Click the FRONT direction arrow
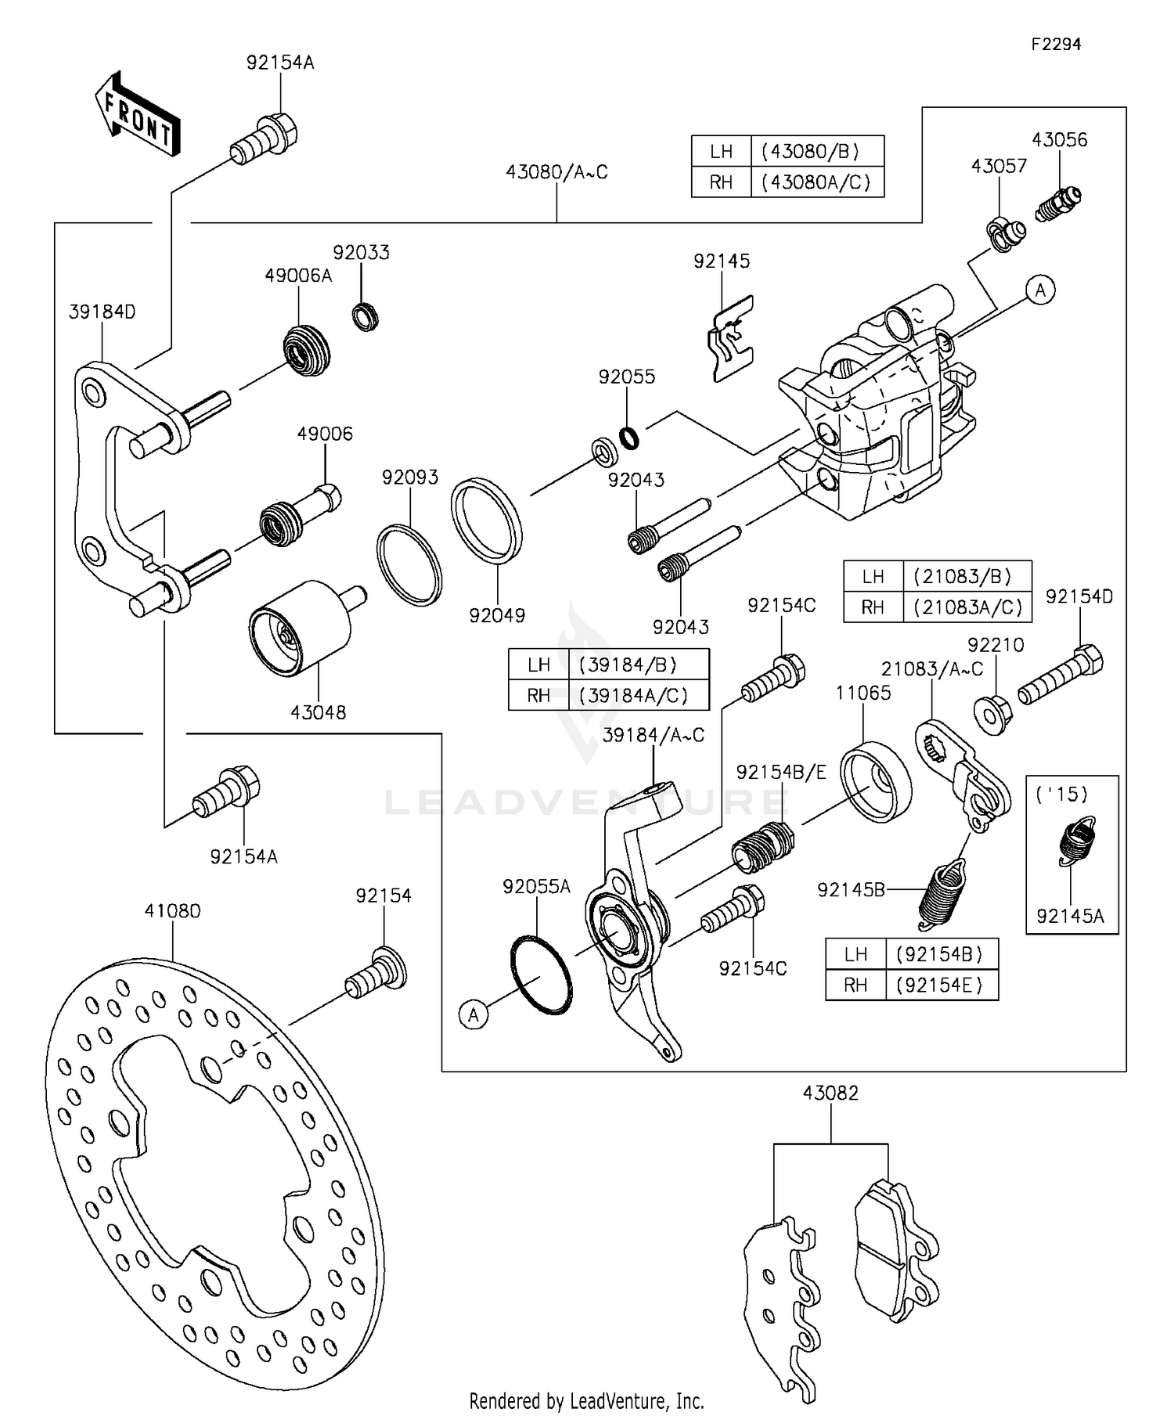pos(138,115)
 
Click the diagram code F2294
pos(1055,45)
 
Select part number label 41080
pos(172,911)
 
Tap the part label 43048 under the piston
pos(318,712)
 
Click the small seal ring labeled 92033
pos(365,316)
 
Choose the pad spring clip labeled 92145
pos(732,339)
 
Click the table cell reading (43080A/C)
pos(816,182)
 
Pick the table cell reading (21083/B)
pos(967,577)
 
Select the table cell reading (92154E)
pos(942,985)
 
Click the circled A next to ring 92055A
pos(474,1015)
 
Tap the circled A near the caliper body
pos(1040,290)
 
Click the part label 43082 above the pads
pos(830,1094)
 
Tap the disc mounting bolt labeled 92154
pos(376,972)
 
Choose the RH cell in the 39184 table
pos(538,695)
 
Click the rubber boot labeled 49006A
pos(306,350)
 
